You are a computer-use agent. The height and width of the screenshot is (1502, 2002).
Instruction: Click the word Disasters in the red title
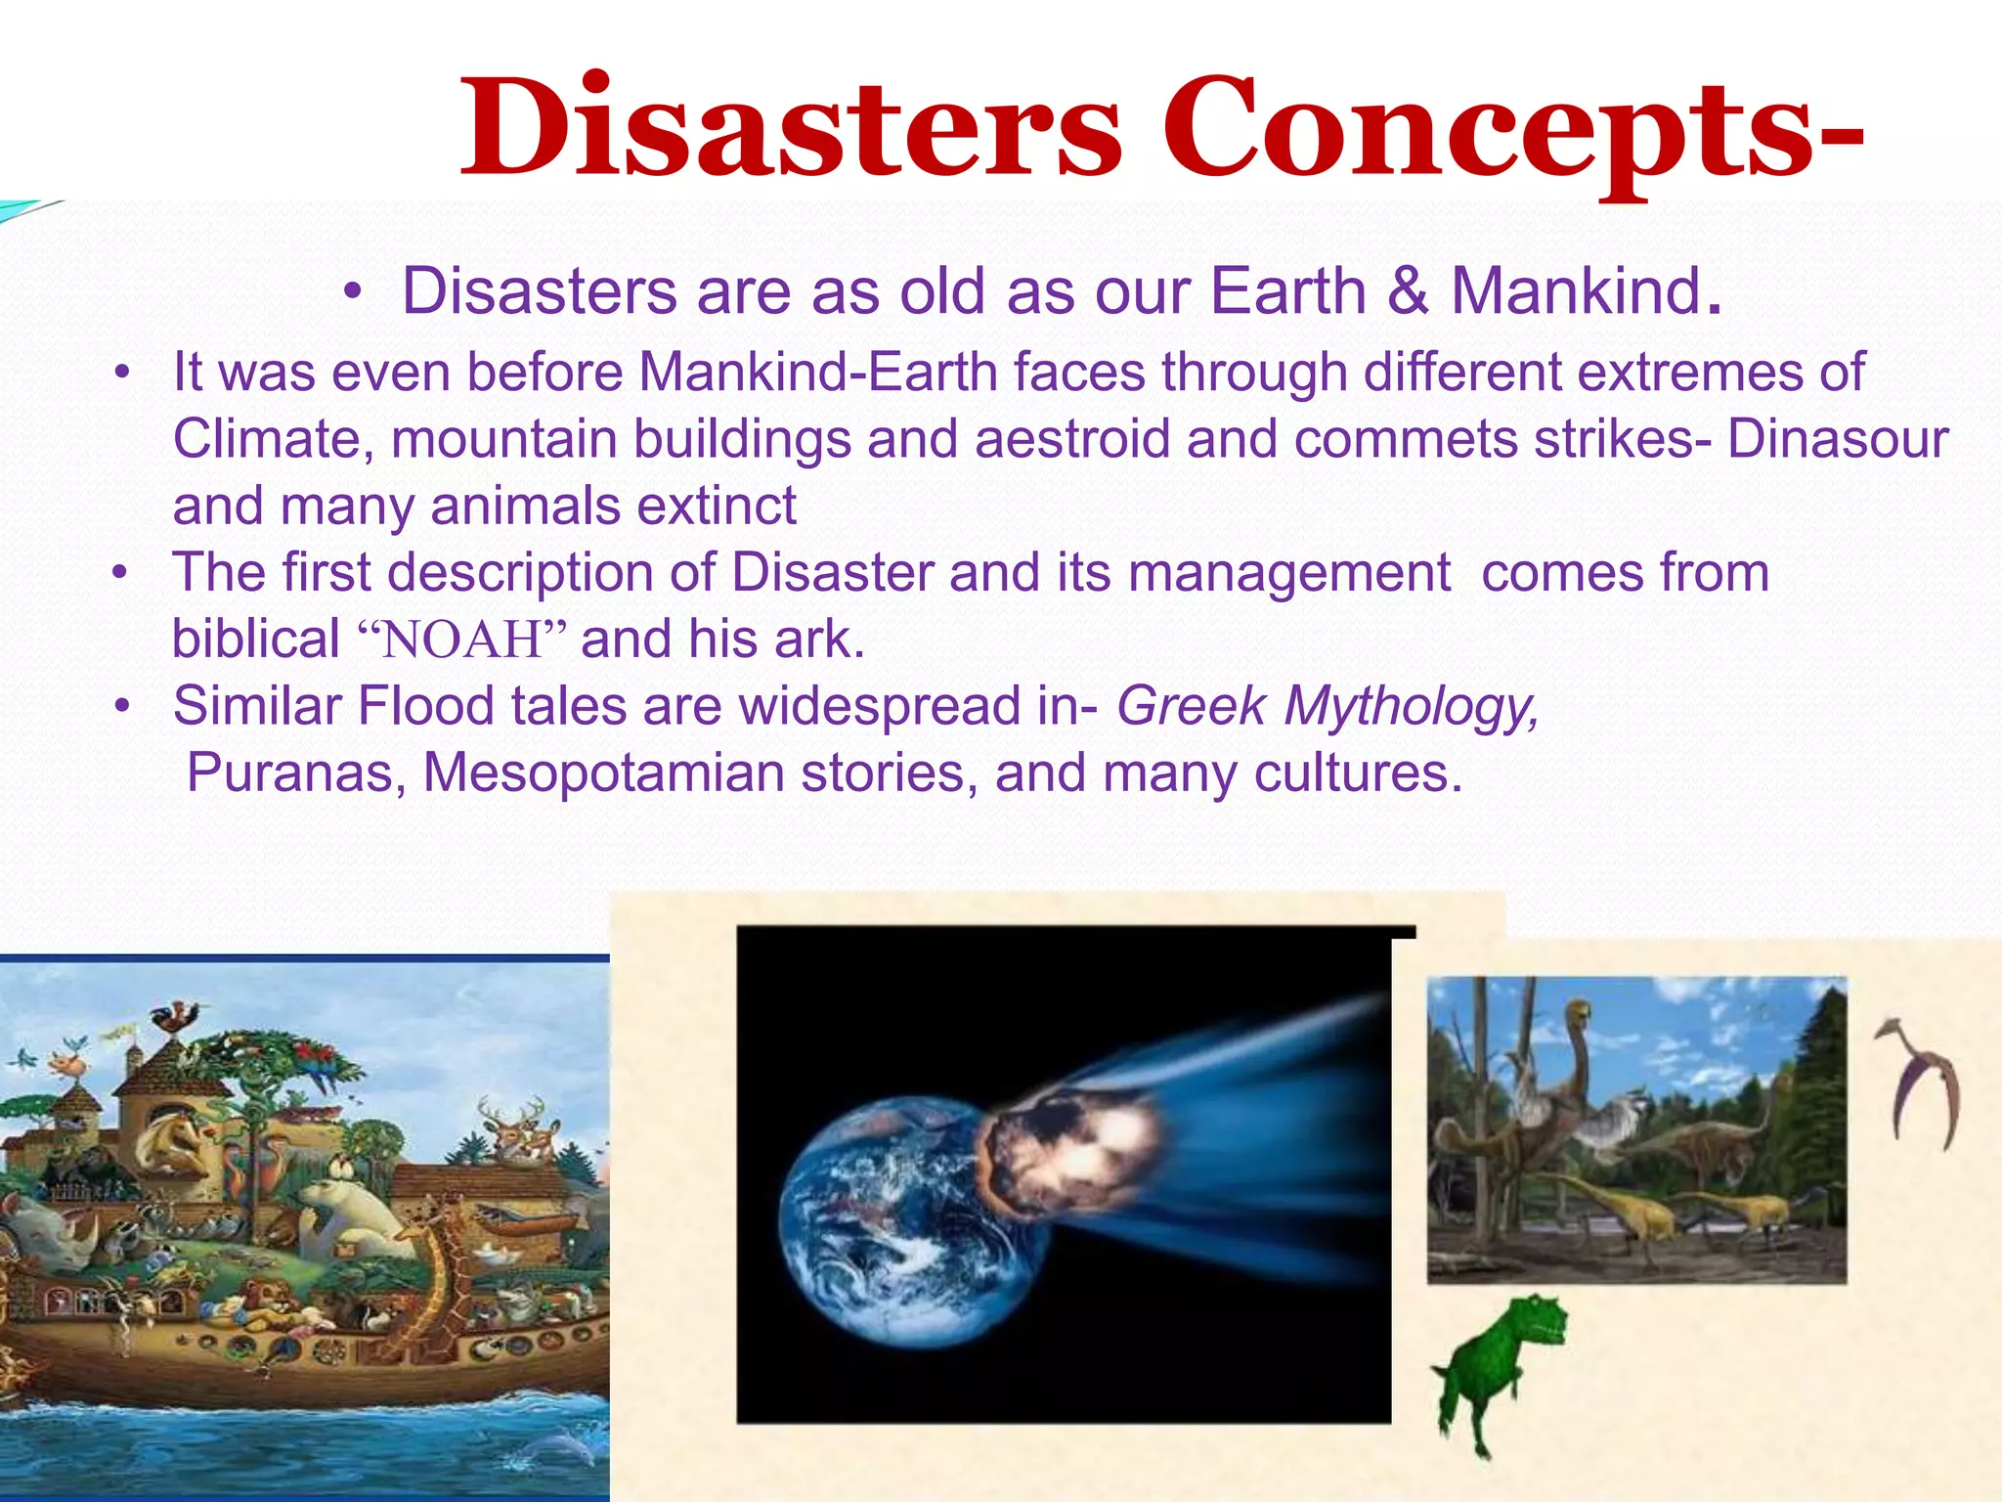[792, 130]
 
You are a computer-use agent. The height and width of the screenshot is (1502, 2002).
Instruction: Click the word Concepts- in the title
[1510, 130]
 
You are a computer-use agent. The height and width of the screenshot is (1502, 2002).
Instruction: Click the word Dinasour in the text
[1837, 439]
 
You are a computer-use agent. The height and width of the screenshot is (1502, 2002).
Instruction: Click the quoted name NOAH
[461, 641]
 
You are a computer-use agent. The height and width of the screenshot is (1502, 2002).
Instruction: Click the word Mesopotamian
[603, 773]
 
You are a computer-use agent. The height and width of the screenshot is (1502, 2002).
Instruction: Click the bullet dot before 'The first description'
[120, 573]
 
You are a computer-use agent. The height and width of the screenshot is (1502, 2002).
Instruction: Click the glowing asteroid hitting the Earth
[1070, 1154]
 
